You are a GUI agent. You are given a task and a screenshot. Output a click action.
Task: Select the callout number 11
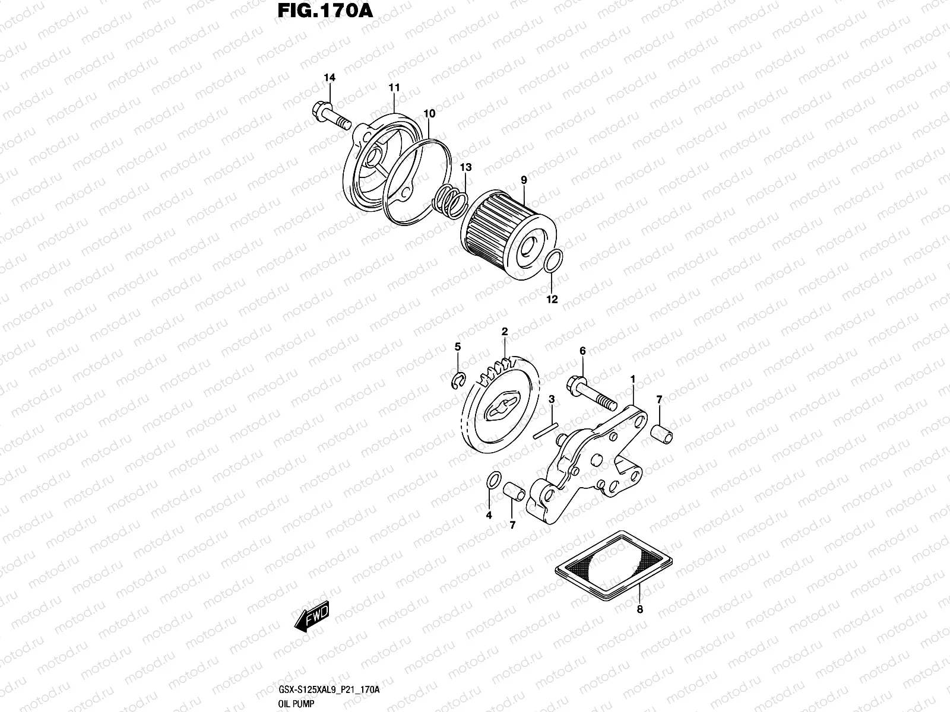[x=394, y=88]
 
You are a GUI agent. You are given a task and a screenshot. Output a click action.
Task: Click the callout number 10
[x=430, y=113]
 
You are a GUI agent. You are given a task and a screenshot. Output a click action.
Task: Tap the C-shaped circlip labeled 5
[x=456, y=381]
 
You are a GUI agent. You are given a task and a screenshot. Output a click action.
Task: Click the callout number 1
[x=633, y=379]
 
